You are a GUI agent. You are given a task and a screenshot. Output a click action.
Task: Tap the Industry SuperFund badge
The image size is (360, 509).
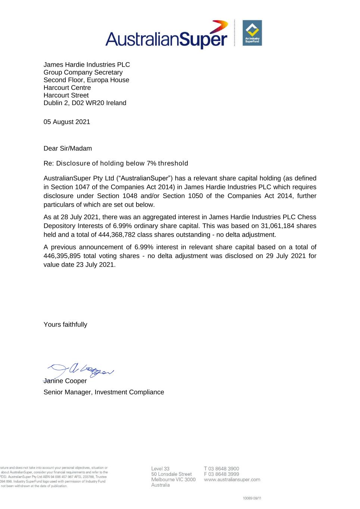pyautogui.click(x=252, y=33)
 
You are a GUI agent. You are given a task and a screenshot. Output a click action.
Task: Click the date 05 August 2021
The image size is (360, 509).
pyautogui.click(x=67, y=122)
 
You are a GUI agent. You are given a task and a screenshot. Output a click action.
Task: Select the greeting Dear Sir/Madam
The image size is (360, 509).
pyautogui.click(x=68, y=148)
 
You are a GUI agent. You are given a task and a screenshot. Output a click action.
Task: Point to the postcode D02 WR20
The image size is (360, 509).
pyautogui.click(x=88, y=103)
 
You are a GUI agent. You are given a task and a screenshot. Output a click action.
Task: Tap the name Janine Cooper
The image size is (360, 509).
pyautogui.click(x=65, y=381)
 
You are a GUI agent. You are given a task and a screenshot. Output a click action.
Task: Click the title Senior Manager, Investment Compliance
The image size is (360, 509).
pyautogui.click(x=104, y=392)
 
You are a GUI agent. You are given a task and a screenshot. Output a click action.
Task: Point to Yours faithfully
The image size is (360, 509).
pyautogui.click(x=65, y=324)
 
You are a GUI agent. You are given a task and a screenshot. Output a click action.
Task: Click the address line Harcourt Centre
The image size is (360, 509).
pyautogui.click(x=67, y=88)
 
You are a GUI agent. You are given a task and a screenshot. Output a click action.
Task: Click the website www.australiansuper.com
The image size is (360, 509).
pyautogui.click(x=232, y=480)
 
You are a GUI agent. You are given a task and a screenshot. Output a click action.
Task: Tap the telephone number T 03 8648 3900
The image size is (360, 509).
pyautogui.click(x=222, y=469)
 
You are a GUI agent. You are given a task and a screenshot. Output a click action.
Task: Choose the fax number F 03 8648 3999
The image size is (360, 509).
pyautogui.click(x=222, y=474)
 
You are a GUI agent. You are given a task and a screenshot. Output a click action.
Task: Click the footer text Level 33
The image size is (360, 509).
pyautogui.click(x=160, y=469)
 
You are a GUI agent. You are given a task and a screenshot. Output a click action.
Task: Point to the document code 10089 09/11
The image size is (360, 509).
pyautogui.click(x=252, y=498)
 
